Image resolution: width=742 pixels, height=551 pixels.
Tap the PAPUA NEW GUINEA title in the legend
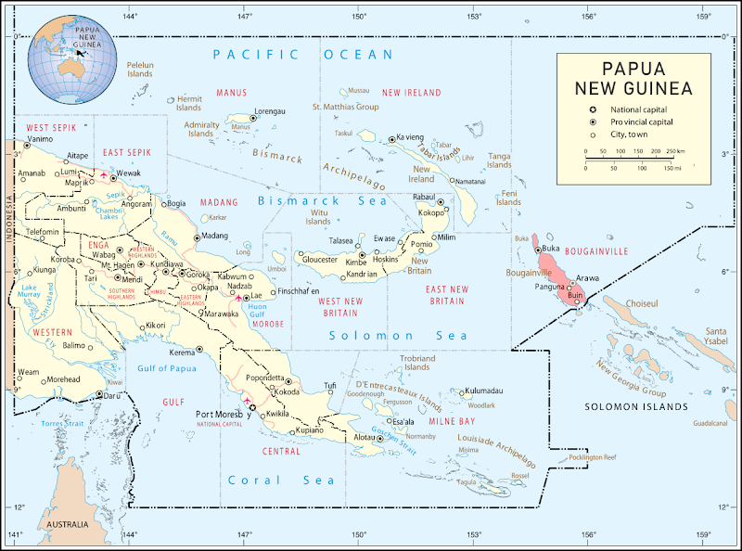click(x=633, y=79)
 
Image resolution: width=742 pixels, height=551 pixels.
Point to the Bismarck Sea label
click(x=311, y=200)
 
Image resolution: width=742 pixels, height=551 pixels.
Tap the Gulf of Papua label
click(x=168, y=368)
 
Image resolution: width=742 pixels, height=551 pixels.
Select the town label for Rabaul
click(x=423, y=198)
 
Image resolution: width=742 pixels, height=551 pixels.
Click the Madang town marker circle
click(x=198, y=237)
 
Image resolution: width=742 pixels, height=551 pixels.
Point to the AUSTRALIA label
click(x=67, y=524)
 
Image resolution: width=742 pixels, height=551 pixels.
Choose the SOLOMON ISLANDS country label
click(x=636, y=407)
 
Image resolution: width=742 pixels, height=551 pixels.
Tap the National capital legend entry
click(x=641, y=109)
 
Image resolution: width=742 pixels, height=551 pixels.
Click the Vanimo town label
click(x=40, y=139)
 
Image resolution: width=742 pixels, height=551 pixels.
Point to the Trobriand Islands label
click(x=416, y=362)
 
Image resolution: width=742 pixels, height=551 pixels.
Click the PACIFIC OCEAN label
click(x=302, y=55)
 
